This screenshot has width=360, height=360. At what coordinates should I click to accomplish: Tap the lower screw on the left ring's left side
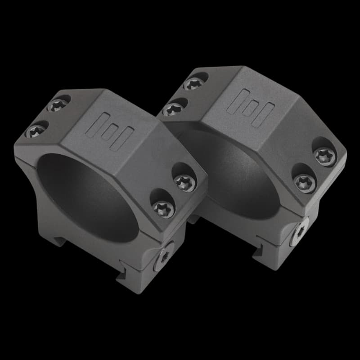[x=36, y=131]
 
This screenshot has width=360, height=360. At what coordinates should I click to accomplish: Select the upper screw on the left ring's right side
[x=184, y=182]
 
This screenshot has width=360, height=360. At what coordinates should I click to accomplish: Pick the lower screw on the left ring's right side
[x=163, y=208]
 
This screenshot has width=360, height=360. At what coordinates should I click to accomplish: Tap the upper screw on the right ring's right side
[x=325, y=156]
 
